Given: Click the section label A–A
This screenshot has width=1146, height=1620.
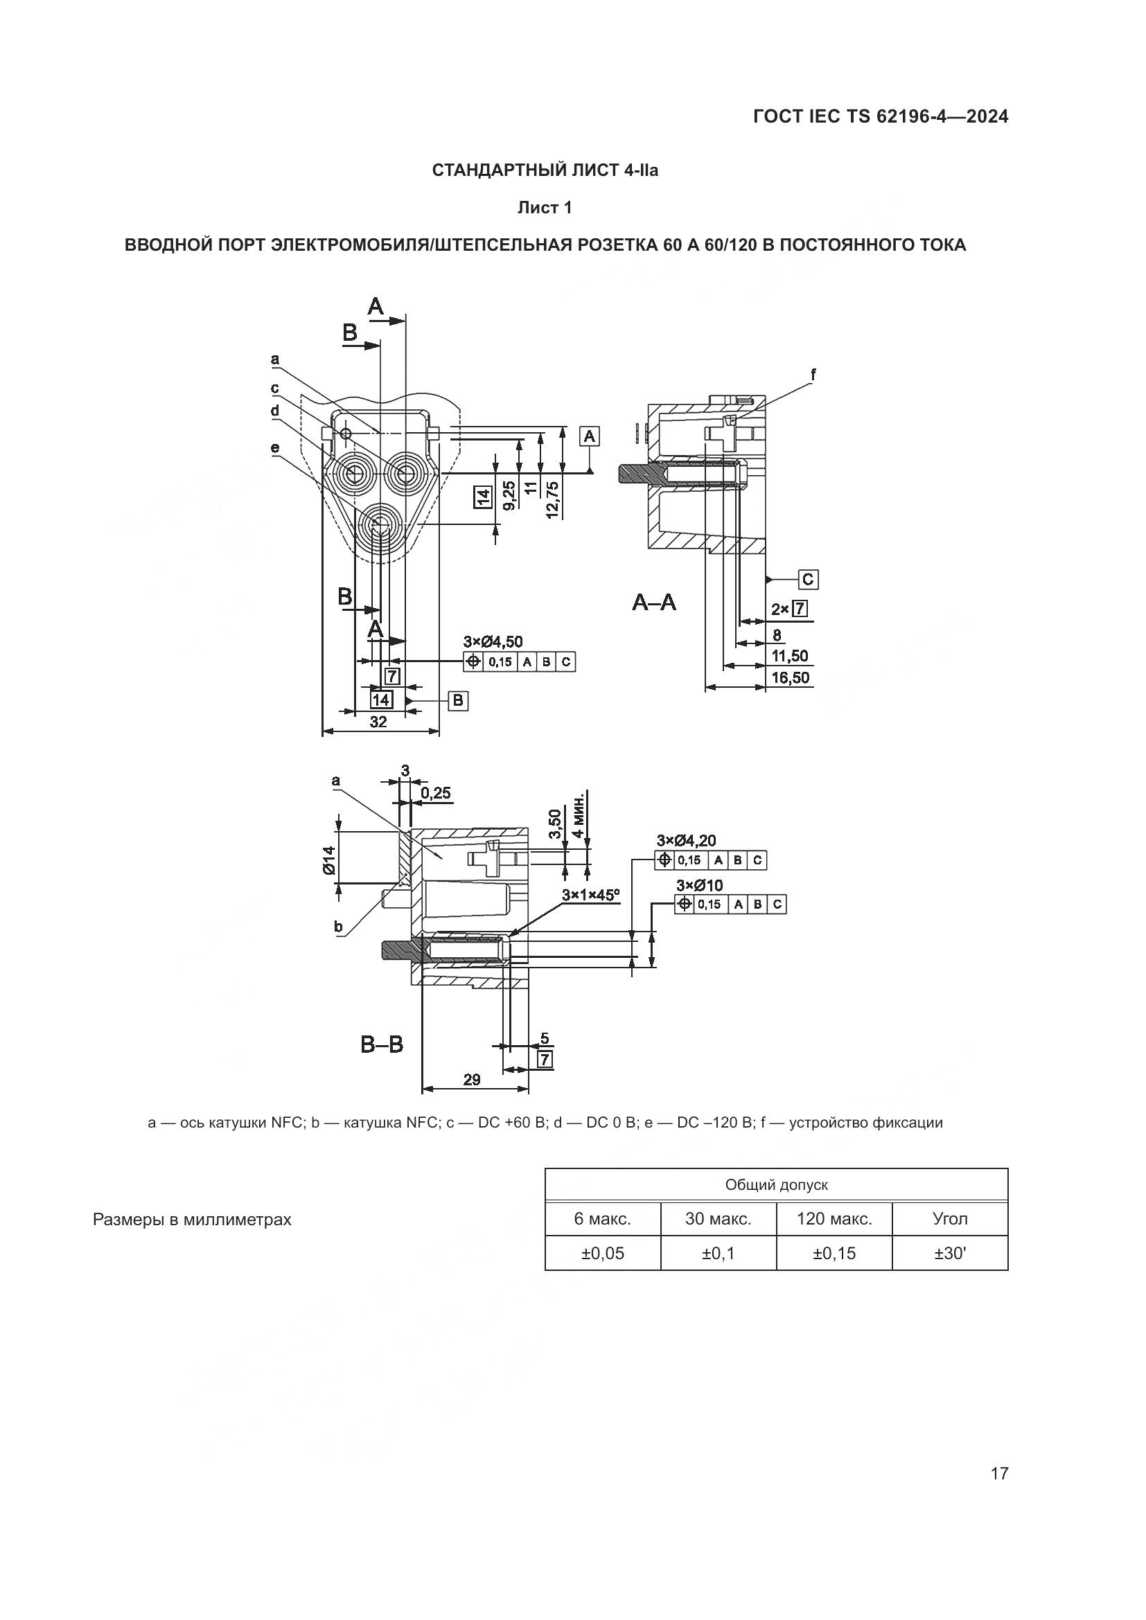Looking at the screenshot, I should [x=653, y=603].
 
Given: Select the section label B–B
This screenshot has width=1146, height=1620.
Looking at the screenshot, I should [x=382, y=1044].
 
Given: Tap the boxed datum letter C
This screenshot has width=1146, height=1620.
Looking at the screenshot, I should [x=808, y=579].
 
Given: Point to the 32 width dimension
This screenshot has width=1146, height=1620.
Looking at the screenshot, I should [x=379, y=722].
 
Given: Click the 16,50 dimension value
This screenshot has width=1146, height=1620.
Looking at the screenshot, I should [x=791, y=678].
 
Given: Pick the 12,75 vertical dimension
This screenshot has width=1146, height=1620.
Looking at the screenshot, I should [x=552, y=499].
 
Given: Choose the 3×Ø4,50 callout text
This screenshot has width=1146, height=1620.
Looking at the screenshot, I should [x=493, y=641].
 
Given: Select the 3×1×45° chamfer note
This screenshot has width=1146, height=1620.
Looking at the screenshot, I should [x=590, y=895].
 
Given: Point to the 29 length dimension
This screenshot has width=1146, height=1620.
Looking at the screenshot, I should [x=472, y=1080].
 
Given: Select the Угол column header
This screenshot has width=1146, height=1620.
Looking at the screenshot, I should [x=950, y=1218].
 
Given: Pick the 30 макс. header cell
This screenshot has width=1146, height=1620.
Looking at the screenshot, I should [x=719, y=1218].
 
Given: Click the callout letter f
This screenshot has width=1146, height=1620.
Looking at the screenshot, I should [x=813, y=375].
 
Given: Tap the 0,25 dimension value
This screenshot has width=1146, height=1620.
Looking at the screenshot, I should [x=435, y=793].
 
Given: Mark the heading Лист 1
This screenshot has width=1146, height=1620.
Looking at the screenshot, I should [x=544, y=208].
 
